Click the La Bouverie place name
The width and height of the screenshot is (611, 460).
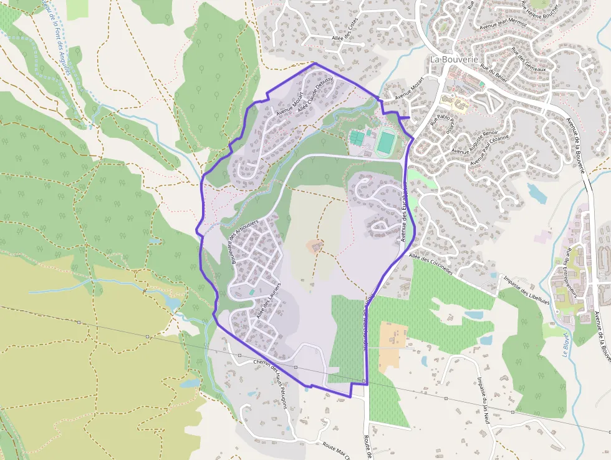[454, 59]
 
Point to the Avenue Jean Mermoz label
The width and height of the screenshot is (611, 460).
[504, 24]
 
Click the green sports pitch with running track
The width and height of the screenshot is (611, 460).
[386, 142]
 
